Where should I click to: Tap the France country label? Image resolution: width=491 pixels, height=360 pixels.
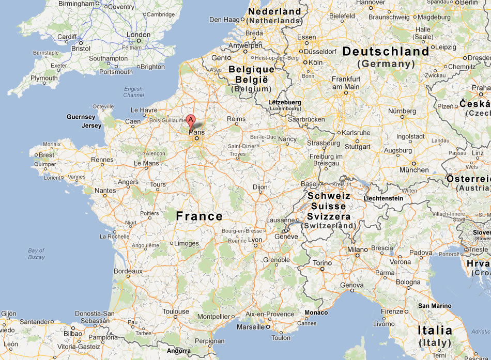[200, 216]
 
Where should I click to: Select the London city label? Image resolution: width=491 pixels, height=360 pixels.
[139, 35]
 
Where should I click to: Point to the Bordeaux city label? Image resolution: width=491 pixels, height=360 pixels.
[128, 271]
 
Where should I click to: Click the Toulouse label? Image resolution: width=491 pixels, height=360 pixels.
[176, 311]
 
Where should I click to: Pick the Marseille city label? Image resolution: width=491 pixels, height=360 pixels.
[250, 327]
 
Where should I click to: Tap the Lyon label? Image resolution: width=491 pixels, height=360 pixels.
[255, 240]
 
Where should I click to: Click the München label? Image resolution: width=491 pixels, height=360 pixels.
[413, 170]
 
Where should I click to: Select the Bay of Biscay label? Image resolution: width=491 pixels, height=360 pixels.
[36, 254]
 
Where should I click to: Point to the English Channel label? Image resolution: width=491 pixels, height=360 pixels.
[133, 92]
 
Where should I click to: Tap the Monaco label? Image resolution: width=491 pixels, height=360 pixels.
[316, 312]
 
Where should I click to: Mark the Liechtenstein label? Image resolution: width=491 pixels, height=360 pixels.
[383, 198]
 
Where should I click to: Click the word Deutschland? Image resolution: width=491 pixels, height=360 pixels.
[386, 52]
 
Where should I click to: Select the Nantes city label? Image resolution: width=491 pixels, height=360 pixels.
[105, 191]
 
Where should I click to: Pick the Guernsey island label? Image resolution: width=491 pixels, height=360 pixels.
[81, 117]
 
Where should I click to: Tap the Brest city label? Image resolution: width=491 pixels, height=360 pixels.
[46, 154]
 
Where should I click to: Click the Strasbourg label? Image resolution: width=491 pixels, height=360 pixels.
[324, 143]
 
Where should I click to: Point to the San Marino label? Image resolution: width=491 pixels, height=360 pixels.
[435, 306]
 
